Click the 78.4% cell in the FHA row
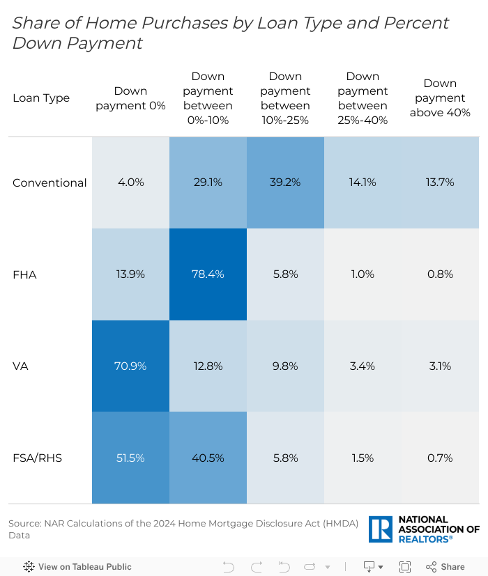coord(208,274)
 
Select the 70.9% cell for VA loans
coord(130,366)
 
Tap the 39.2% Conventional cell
coord(285,182)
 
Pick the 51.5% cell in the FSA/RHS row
coord(130,458)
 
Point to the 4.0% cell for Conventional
coord(130,182)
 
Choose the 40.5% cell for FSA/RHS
coord(208,458)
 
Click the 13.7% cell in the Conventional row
coord(440,182)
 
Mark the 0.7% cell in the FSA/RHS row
coord(440,458)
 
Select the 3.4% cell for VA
coord(363,366)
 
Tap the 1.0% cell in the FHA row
coord(363,274)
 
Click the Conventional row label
coord(49,183)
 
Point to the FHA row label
coord(24,275)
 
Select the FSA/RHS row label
coord(38,458)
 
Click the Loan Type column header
coord(41,98)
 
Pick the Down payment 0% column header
coord(130,98)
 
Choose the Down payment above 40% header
coord(440,98)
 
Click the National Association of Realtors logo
coord(424,529)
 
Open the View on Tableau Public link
coord(77,567)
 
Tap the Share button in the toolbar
coord(445,567)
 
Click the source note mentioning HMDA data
coord(183,529)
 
